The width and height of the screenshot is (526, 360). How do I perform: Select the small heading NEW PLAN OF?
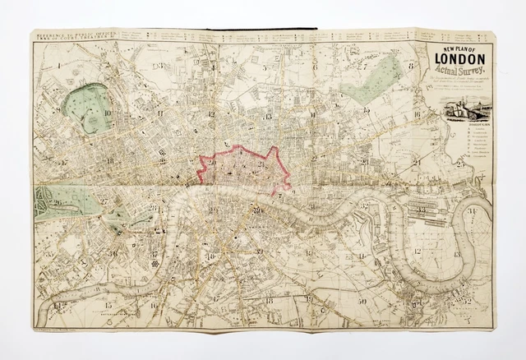click(x=461, y=56)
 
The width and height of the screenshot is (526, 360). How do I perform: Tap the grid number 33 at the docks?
click(x=420, y=209)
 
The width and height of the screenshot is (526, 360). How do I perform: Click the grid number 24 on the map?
click(x=418, y=161)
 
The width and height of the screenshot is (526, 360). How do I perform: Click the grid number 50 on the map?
click(x=362, y=302)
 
